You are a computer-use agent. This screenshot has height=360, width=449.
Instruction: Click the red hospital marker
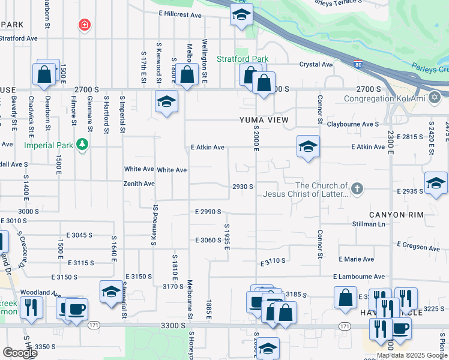[85, 25]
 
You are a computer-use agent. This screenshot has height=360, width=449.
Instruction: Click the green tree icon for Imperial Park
[82, 145]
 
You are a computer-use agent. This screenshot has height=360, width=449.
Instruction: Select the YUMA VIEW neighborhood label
[264, 121]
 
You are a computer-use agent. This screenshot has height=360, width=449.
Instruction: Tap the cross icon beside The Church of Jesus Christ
[357, 189]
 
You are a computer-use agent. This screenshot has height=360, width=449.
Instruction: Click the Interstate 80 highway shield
[358, 64]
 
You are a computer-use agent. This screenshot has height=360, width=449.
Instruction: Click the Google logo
[20, 353]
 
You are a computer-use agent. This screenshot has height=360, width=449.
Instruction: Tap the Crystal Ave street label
[316, 64]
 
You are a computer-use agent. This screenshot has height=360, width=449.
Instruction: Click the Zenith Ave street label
[139, 184]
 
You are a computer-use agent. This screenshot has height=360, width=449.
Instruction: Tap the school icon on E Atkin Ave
[308, 146]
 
